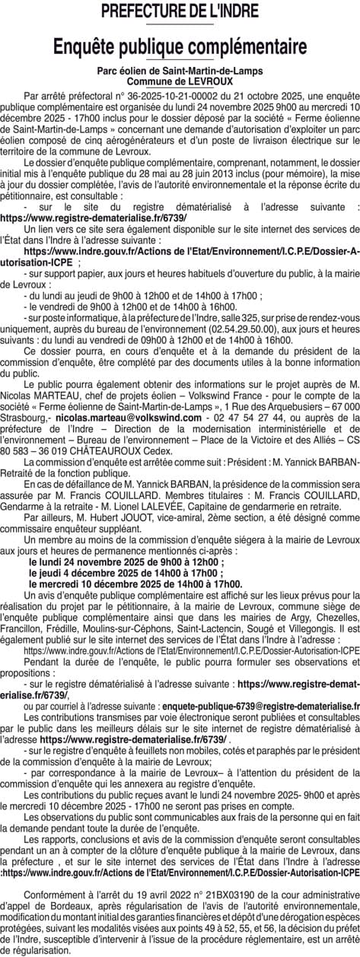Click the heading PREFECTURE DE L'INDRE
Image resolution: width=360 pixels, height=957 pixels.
[180, 11]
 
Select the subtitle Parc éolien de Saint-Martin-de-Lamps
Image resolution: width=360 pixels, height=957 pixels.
[180, 71]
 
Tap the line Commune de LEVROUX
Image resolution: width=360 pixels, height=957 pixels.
[180, 80]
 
